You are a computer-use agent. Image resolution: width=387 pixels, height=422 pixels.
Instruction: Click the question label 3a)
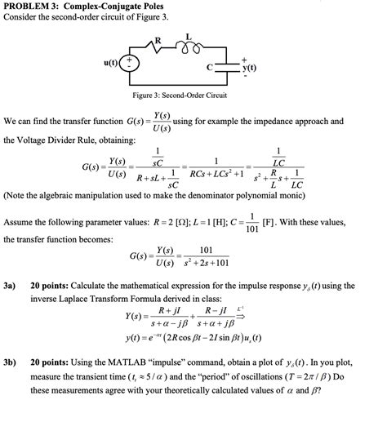pyautogui.click(x=11, y=287)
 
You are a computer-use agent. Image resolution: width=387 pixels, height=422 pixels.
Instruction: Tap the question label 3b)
pyautogui.click(x=11, y=362)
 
